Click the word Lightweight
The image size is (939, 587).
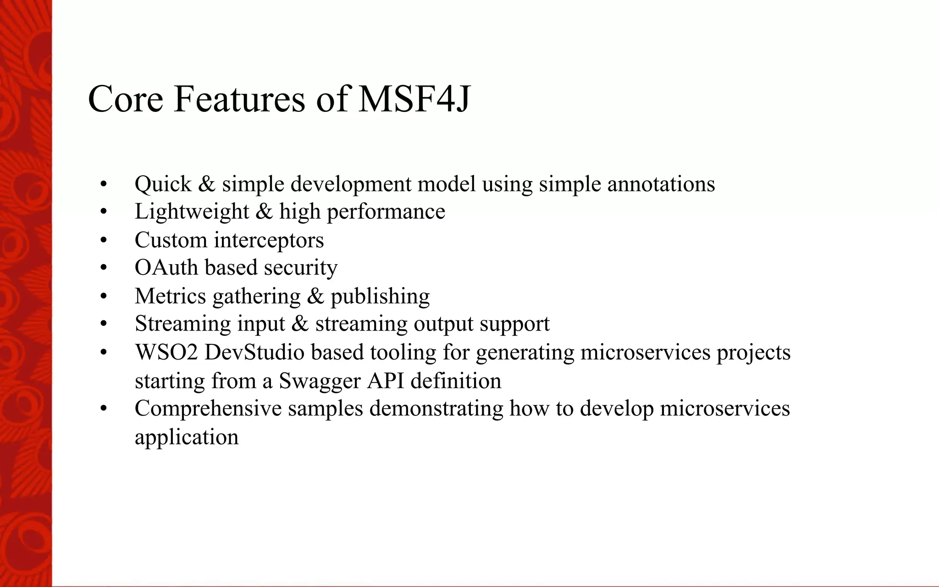(x=192, y=212)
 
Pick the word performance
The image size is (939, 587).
(x=386, y=212)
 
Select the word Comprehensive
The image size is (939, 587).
(x=208, y=409)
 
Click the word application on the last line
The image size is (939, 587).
(x=187, y=437)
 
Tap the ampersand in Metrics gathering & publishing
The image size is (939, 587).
(x=315, y=296)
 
